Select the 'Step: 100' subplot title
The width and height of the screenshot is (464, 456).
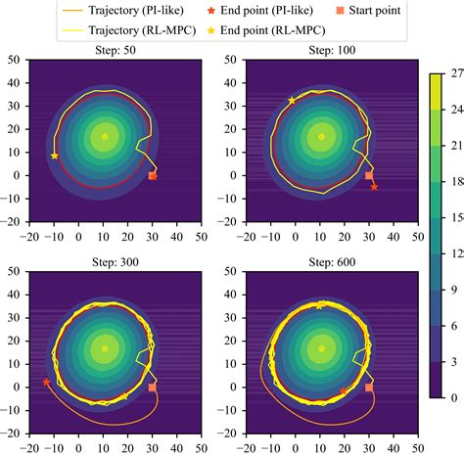(x=320, y=49)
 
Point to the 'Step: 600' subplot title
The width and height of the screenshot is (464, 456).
(x=320, y=262)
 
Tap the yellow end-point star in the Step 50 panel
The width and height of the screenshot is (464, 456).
(x=55, y=156)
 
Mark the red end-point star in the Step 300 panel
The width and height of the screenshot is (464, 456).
(x=46, y=382)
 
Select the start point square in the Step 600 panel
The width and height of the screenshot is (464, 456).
(x=368, y=388)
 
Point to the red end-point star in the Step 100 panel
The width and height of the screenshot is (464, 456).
(x=374, y=186)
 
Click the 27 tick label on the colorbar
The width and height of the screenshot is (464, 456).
(x=457, y=72)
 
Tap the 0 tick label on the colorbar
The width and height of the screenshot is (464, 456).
(x=453, y=397)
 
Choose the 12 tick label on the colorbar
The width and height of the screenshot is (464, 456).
(x=457, y=252)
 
